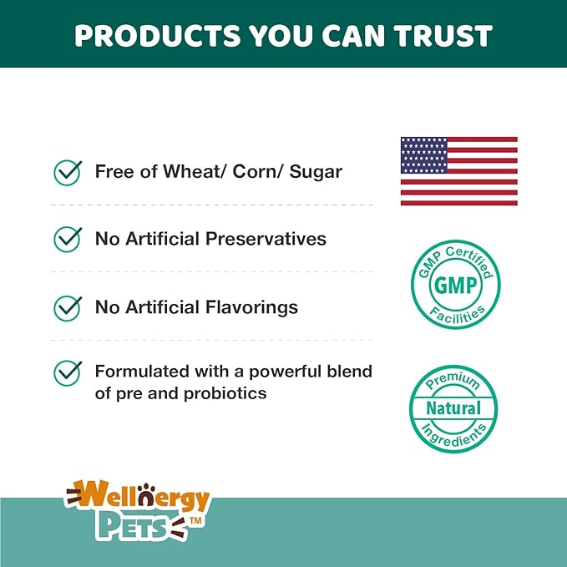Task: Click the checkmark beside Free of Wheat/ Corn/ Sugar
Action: point(67,172)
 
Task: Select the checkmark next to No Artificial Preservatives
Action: point(67,240)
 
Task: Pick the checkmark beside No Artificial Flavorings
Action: point(67,307)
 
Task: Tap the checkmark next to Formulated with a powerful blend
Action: point(67,372)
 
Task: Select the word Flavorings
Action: point(251,307)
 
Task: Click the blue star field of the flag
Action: point(424,155)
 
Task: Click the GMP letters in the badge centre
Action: point(455,286)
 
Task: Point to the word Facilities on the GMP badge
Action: point(455,315)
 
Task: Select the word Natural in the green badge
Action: point(453,408)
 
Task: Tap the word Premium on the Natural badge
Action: point(453,383)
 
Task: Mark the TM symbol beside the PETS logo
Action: point(197,520)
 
